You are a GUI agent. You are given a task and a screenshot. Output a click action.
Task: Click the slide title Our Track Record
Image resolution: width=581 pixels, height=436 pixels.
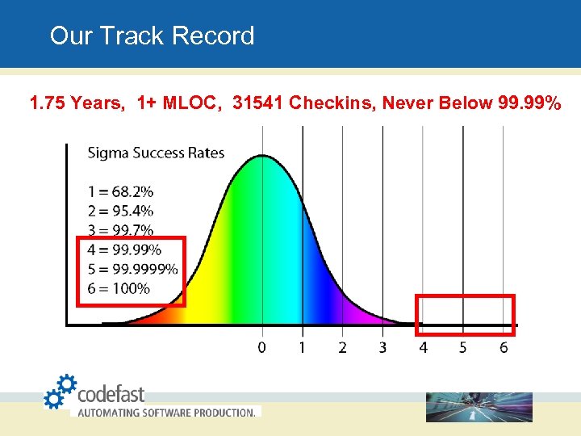[x=152, y=36]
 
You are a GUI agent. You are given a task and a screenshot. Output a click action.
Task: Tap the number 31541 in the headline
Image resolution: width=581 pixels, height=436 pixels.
[x=257, y=103]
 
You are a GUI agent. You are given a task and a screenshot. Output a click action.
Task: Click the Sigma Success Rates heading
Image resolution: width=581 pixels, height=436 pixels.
[x=156, y=153]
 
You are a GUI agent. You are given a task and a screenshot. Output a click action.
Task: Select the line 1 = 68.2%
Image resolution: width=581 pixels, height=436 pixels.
[x=120, y=192]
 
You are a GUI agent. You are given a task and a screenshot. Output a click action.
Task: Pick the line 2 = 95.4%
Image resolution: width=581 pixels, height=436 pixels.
[x=120, y=212]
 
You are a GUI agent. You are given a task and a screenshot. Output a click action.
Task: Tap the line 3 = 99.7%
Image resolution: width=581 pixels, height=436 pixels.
[x=120, y=231]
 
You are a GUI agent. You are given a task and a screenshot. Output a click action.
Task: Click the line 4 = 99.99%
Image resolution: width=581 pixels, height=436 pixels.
[x=124, y=249]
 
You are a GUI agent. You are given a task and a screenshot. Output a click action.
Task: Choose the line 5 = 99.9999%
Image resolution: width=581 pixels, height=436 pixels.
[x=132, y=269]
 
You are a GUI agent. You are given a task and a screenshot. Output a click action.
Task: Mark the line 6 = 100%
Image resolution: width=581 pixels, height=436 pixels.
[x=119, y=288]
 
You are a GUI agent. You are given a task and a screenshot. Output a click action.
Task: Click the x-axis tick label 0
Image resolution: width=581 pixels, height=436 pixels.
[x=261, y=347]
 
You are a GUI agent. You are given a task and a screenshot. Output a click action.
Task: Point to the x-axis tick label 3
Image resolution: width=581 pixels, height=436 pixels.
[x=382, y=347]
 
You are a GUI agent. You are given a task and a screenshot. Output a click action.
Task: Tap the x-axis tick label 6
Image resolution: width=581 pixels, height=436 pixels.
[x=504, y=347]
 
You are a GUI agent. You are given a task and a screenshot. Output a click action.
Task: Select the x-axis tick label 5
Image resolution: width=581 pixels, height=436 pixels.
[x=463, y=347]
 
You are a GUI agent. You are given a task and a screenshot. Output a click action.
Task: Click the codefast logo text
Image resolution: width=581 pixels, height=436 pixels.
[x=111, y=394]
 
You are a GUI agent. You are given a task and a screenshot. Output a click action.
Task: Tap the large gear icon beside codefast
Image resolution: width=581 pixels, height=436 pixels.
[x=67, y=383]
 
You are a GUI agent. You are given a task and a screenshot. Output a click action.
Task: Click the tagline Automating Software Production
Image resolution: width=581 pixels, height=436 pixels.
[x=165, y=412]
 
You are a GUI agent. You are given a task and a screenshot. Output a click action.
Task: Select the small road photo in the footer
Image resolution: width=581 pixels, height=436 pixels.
[x=479, y=407]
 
